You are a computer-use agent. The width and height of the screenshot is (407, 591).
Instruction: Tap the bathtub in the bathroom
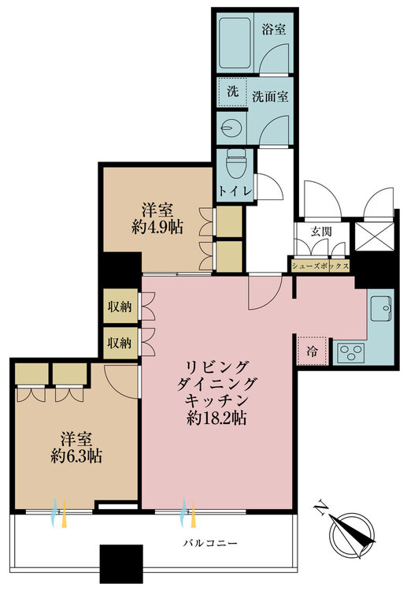tap(237, 44)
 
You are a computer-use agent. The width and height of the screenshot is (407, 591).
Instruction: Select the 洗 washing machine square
tap(231, 92)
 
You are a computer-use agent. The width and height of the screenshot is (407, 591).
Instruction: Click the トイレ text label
tap(233, 192)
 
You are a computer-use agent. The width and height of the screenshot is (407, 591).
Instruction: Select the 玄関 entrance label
tap(321, 231)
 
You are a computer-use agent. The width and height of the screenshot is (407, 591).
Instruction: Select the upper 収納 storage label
tap(120, 307)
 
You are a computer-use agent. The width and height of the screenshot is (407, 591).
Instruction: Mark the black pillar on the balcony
tap(120, 564)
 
